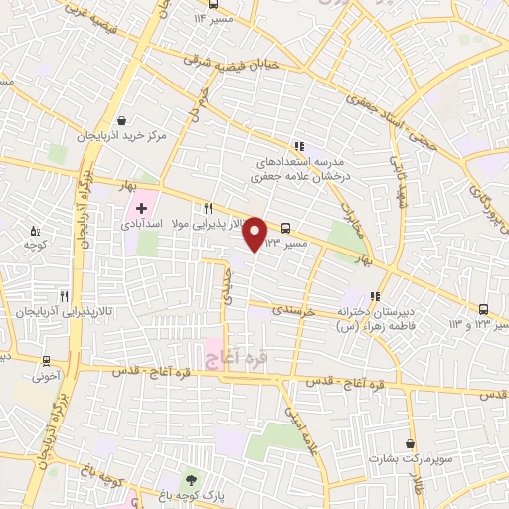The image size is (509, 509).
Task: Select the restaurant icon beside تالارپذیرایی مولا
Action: point(208,209)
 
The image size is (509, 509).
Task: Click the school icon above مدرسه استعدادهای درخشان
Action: point(297,145)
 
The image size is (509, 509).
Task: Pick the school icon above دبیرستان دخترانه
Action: point(375,295)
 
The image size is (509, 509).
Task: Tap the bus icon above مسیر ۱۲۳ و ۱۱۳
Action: point(484,309)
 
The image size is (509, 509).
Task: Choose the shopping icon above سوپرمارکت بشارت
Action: point(409,443)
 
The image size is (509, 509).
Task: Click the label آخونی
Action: point(47,377)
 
